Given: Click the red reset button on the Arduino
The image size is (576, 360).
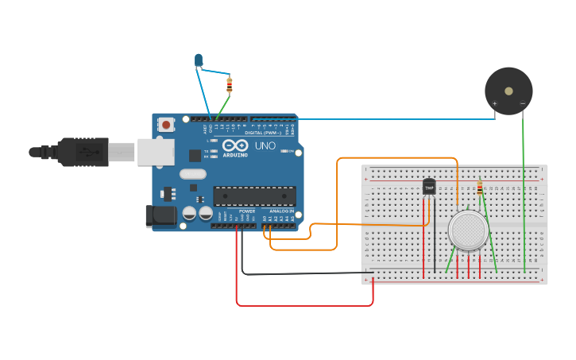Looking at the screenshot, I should pos(166,124).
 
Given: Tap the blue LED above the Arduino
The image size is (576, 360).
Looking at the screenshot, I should pos(198,59).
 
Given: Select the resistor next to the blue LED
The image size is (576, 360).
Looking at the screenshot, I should pos(230,84).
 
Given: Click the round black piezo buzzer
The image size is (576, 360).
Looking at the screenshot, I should pos(508,91).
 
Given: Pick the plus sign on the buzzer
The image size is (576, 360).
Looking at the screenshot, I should pos(494,104).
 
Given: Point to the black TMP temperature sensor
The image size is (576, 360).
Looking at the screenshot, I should pos(429,186).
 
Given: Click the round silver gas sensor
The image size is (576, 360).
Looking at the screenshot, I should pos(468,230).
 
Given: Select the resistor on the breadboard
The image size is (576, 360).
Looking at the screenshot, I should pos(480,188).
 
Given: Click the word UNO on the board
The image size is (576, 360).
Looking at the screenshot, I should pos(264,145).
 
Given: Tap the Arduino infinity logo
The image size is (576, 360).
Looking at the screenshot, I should pos(235,145).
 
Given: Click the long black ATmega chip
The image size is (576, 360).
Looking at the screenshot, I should pos(254,195).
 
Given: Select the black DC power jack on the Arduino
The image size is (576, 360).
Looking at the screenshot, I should pos(160,216).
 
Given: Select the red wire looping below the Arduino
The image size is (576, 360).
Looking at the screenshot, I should pos(302,304).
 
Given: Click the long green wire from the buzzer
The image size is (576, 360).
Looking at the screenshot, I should pos(524,199).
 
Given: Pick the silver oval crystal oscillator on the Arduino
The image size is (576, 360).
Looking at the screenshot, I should pos(193,174).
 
